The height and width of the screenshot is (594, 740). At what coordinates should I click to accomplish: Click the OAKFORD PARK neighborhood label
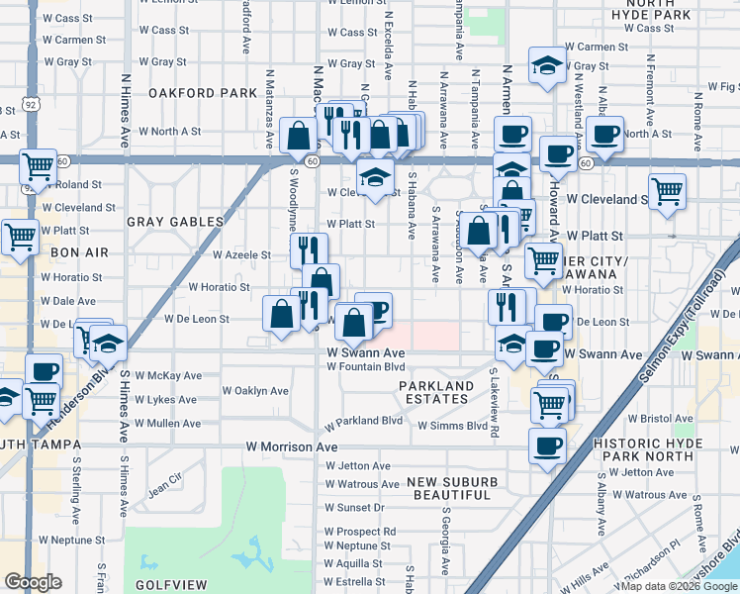tap(203, 93)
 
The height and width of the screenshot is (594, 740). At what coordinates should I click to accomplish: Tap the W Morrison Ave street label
tap(292, 446)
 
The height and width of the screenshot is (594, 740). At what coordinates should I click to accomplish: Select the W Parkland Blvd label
tap(363, 420)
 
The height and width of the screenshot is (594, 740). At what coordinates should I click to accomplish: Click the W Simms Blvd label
tap(452, 426)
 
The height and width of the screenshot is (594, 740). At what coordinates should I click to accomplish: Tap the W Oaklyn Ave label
tap(256, 390)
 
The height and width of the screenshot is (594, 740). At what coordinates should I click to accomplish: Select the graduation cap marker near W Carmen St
tap(544, 64)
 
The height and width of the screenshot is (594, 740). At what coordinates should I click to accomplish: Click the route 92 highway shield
tap(32, 102)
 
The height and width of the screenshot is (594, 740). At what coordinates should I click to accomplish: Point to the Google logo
tap(33, 582)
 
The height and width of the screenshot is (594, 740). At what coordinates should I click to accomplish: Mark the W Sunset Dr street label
tap(354, 507)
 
